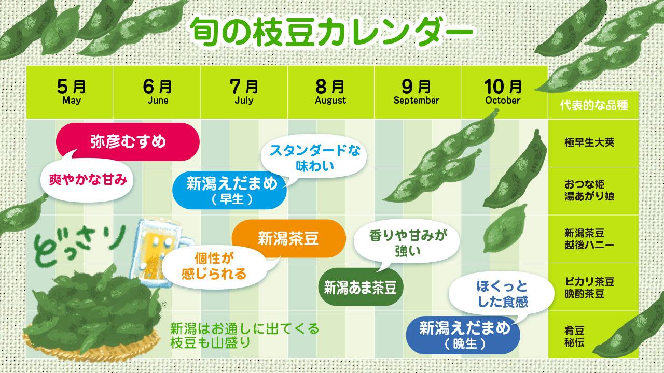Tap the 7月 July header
(244, 92)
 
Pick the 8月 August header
(330, 92)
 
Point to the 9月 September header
(417, 92)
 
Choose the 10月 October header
(503, 92)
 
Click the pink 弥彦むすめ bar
(128, 142)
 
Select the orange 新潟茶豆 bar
(289, 238)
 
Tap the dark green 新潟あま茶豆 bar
(361, 287)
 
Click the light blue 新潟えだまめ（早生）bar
(229, 190)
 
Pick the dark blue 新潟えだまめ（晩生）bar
(463, 335)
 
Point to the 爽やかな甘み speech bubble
(87, 179)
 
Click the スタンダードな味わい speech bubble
(314, 159)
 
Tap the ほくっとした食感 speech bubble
(502, 294)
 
